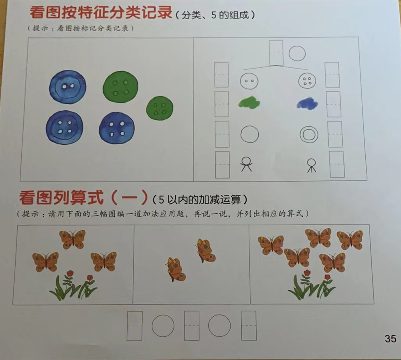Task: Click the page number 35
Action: click(x=390, y=338)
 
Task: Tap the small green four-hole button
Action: click(x=160, y=108)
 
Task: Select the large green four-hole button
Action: click(x=120, y=87)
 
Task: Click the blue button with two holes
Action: click(x=67, y=87)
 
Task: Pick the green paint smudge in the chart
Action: click(x=249, y=103)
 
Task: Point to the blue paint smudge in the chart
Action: click(x=308, y=104)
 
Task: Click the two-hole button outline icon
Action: click(x=249, y=81)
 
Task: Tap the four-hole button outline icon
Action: click(x=307, y=81)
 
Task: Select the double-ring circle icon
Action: click(x=309, y=135)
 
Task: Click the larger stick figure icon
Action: click(x=246, y=164)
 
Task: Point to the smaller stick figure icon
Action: click(x=312, y=165)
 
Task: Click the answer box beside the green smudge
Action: click(x=222, y=104)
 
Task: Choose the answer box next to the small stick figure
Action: click(x=337, y=164)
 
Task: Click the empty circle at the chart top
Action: click(x=297, y=53)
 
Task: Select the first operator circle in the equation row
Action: click(x=163, y=326)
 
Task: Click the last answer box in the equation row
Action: click(x=249, y=326)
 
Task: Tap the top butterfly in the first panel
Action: click(x=73, y=239)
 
